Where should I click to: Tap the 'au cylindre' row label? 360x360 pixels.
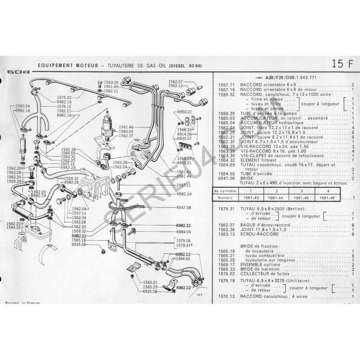click(x=225, y=191)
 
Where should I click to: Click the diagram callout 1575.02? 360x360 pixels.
click(x=63, y=97)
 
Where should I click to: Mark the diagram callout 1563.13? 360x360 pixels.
click(x=175, y=85)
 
